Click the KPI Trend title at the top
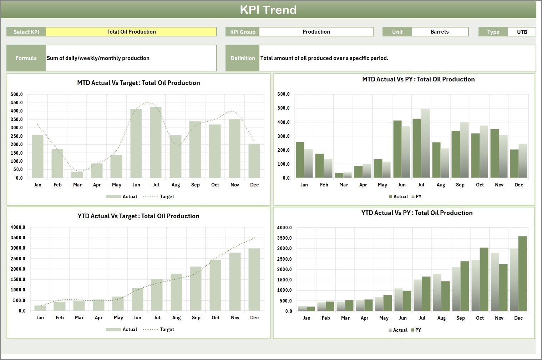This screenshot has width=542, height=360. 268,10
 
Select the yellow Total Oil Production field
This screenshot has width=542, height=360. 131,32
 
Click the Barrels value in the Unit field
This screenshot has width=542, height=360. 440,32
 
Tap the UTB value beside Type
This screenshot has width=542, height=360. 522,32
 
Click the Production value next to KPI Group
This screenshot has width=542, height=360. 316,32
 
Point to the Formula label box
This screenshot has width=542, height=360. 26,58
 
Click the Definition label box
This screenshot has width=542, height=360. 243,58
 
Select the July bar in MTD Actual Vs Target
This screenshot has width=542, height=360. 156,143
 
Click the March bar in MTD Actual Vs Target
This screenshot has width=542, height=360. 77,175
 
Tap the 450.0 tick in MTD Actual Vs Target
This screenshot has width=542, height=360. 17,103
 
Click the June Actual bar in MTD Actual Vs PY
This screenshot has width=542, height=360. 397,149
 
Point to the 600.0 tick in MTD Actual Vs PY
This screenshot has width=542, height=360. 283,94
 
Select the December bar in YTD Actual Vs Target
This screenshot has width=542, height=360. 254,280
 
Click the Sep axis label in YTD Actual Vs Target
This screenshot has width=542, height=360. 196,318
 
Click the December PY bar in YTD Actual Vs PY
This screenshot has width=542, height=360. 522,274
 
